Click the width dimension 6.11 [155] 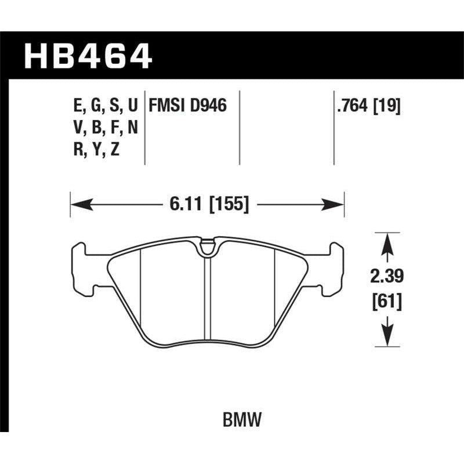[x=207, y=204]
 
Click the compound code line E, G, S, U [x=103, y=106]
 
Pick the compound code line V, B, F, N [x=103, y=129]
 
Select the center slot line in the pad [x=207, y=296]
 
